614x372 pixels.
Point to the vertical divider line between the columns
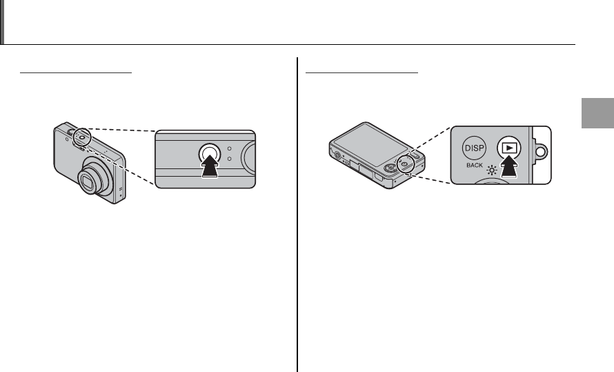298,207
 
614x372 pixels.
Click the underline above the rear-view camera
362,70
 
